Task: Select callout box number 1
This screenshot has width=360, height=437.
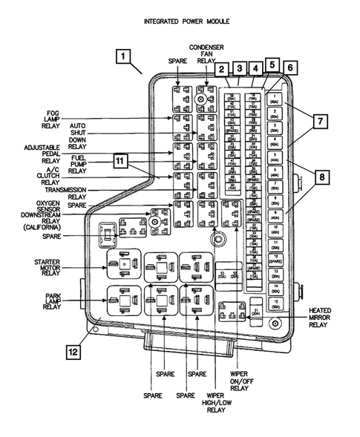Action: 125,56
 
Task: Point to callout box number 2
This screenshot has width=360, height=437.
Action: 222,68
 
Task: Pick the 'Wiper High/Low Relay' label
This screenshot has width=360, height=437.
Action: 215,401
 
